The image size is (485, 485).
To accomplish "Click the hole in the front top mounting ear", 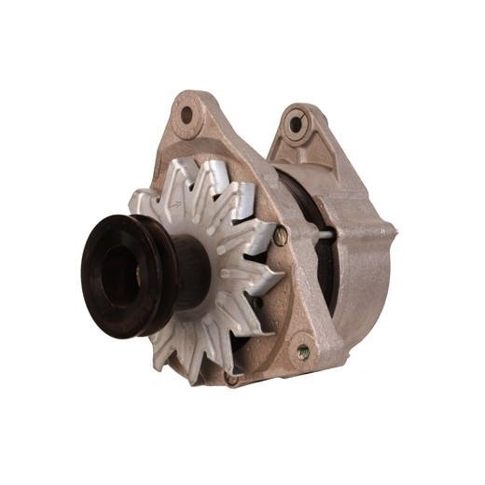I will point(187,116).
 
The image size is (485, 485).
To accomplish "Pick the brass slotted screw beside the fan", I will point(281,237).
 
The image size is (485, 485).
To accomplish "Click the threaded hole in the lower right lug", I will point(303,352).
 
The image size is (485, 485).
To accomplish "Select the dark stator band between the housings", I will point(308,201).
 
